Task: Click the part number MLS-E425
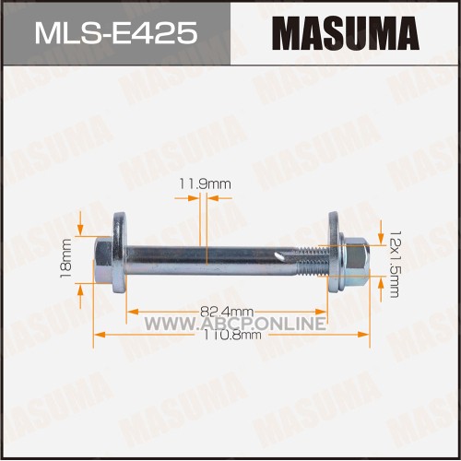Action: [116, 33]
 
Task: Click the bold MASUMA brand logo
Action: [346, 33]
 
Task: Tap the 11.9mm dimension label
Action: [205, 184]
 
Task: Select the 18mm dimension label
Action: [65, 258]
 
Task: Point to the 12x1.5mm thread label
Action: [395, 265]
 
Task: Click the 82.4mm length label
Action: [227, 312]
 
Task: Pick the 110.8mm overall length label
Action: [232, 335]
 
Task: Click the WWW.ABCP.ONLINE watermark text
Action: [235, 324]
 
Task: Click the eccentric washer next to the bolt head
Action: [119, 253]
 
